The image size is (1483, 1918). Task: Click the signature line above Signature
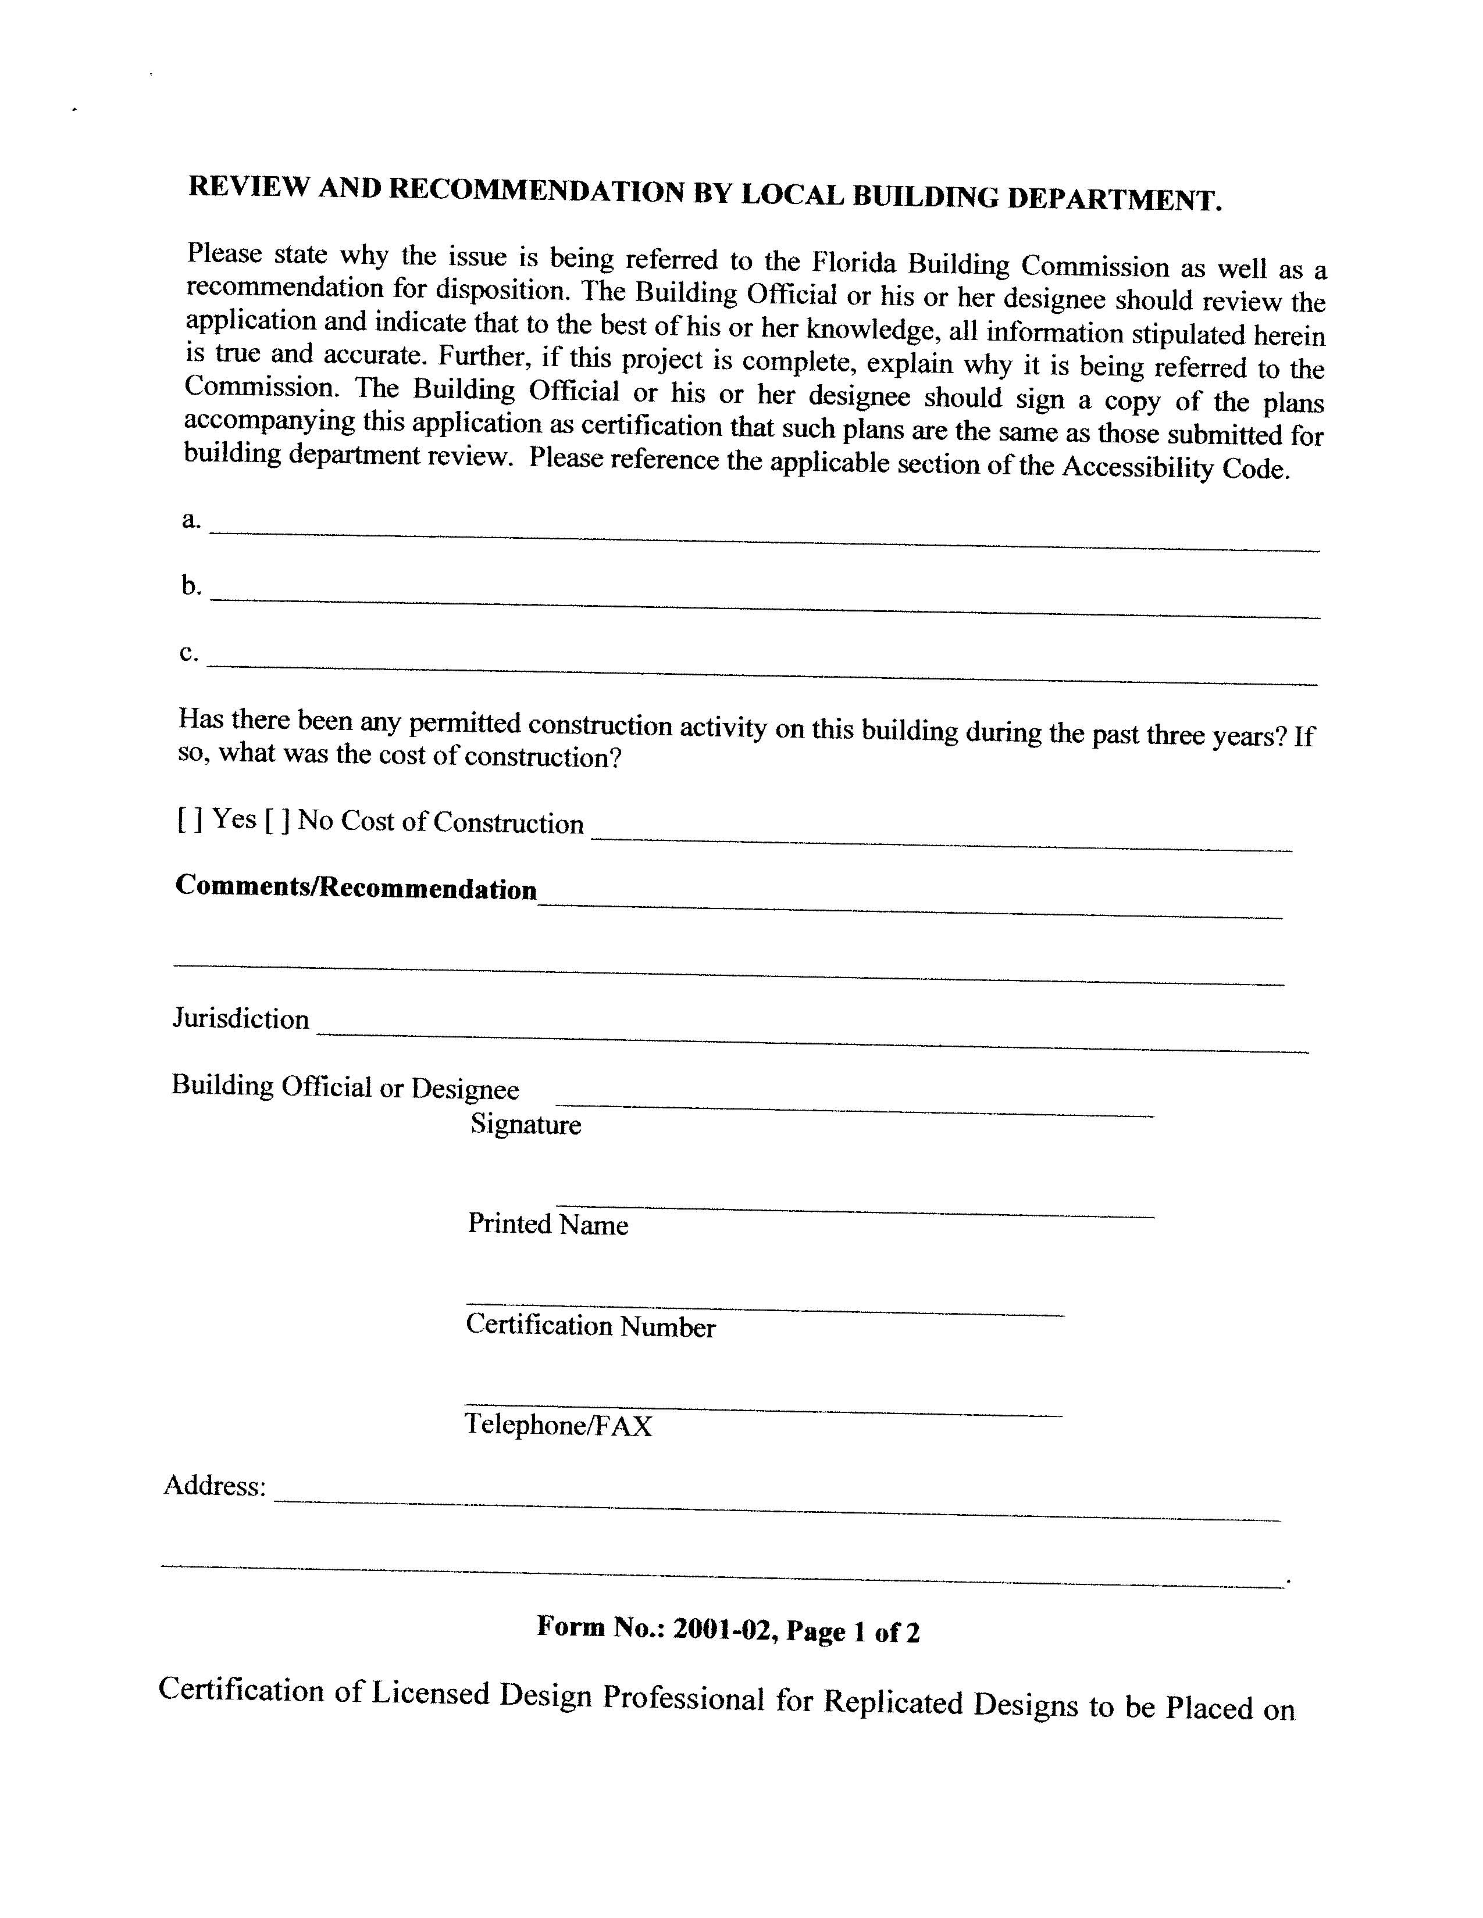tap(854, 1110)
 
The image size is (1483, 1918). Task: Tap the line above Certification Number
tap(764, 1309)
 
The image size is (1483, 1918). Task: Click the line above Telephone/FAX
tap(762, 1411)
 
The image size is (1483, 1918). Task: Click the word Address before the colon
tap(212, 1486)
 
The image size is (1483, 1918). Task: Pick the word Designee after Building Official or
tap(465, 1089)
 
